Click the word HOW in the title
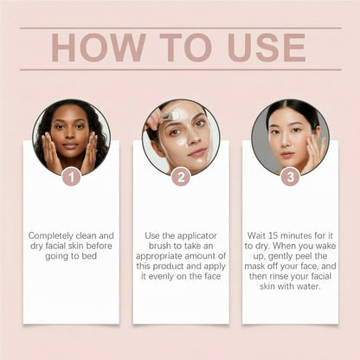pyautogui.click(x=99, y=48)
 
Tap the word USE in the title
pyautogui.click(x=267, y=48)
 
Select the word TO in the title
pyautogui.click(x=186, y=48)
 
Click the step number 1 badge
pyautogui.click(x=71, y=177)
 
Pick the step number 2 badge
pyautogui.click(x=181, y=177)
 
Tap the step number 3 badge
pyautogui.click(x=291, y=177)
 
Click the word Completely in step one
pyautogui.click(x=50, y=236)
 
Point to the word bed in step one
pyautogui.click(x=89, y=256)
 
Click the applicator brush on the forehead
pyautogui.click(x=168, y=116)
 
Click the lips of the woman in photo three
pyautogui.click(x=287, y=154)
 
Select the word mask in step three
pyautogui.click(x=254, y=266)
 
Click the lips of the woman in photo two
pyautogui.click(x=197, y=151)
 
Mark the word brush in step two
pyautogui.click(x=160, y=246)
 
